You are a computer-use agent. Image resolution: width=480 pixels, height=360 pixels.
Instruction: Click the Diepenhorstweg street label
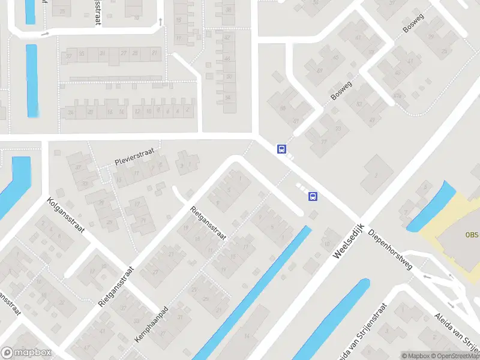coord(391,248)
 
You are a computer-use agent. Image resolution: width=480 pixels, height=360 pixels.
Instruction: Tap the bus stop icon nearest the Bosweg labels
coord(281,149)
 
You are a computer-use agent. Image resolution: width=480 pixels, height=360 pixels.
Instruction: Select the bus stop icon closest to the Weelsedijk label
coord(312,196)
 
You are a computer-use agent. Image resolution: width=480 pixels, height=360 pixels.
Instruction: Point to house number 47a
coord(397,95)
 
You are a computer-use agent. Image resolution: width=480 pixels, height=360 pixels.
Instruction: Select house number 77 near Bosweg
coord(325,142)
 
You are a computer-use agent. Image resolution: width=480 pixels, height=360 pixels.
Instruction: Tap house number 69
coord(282,108)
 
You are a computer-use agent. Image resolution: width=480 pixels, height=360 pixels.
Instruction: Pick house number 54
coord(228,97)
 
